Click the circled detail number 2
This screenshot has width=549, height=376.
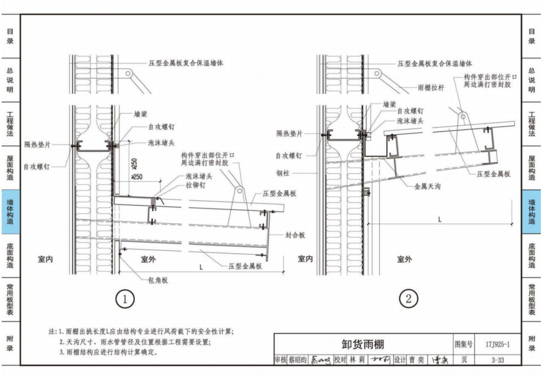pos(408,299)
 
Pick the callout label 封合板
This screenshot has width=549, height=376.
pos(295,235)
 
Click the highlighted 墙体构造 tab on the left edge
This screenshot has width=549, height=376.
pos(10,212)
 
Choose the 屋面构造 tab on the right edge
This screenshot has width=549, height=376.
pos(532,168)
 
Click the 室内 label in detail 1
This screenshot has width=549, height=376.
pos(46,260)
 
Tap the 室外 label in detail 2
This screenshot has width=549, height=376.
pos(404,260)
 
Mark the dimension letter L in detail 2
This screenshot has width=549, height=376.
pos(439,219)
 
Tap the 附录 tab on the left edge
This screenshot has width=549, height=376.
pos(10,343)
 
